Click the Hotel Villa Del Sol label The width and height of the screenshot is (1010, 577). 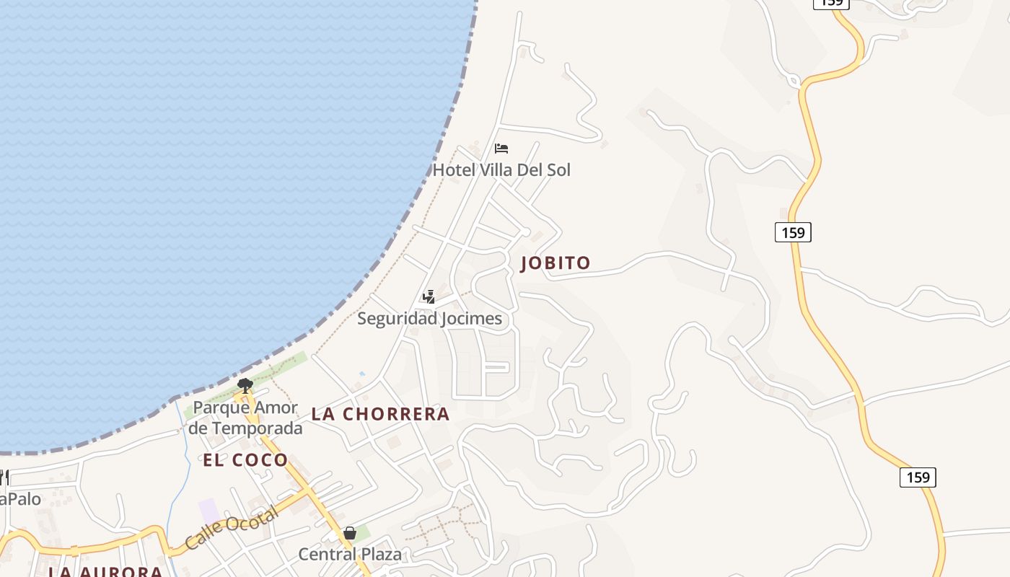coord(501,170)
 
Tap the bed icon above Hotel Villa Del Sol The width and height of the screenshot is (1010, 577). coord(501,149)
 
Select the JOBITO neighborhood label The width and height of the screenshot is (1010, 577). coord(555,263)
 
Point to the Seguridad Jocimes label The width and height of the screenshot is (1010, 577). coord(429,318)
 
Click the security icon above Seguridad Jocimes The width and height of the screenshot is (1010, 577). coord(429,296)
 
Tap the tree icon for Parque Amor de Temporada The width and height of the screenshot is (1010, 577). coord(245,385)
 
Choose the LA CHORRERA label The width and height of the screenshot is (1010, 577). coord(380,414)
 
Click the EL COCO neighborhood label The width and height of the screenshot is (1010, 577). coord(245,460)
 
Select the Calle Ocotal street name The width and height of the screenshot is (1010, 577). coord(231,529)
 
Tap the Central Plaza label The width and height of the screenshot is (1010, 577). coord(350,554)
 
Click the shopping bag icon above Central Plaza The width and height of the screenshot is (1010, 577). coord(350,533)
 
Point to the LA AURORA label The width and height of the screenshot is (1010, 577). coord(105,572)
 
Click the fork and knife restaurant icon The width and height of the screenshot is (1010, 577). coord(4,477)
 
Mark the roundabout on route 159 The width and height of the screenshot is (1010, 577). coord(794,81)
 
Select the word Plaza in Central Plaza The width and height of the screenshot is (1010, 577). coord(379,554)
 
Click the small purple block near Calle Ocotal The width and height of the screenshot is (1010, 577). coord(209,511)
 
